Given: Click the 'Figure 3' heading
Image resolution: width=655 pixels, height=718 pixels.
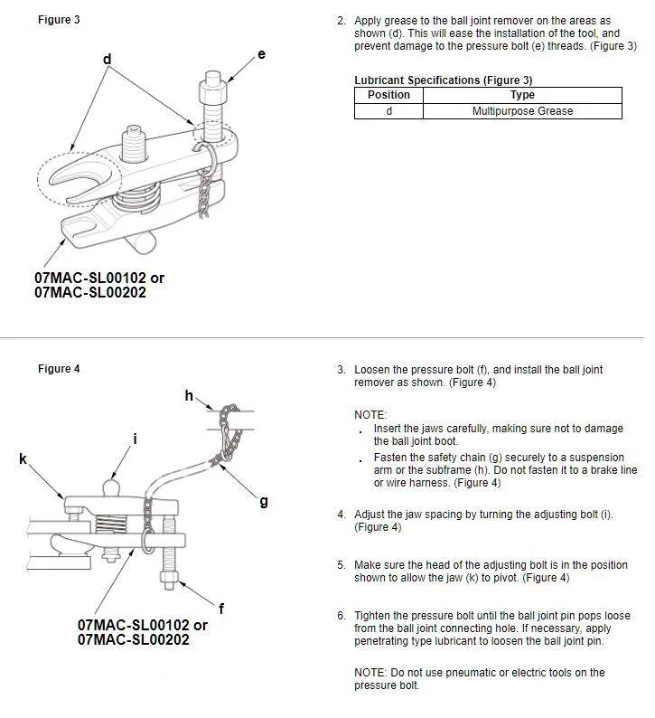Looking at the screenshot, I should pyautogui.click(x=59, y=20).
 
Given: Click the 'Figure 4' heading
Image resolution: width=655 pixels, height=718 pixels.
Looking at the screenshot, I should pyautogui.click(x=59, y=368).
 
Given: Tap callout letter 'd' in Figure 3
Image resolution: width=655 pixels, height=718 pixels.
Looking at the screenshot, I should pyautogui.click(x=107, y=60).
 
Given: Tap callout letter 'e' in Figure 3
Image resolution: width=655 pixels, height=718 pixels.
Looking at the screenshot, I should pyautogui.click(x=261, y=54).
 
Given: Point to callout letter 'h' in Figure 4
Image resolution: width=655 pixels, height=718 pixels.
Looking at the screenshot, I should pyautogui.click(x=189, y=395).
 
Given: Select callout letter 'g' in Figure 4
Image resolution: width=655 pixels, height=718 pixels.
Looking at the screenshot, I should pyautogui.click(x=263, y=501).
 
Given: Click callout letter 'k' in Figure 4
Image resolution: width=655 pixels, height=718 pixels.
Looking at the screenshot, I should pyautogui.click(x=23, y=459).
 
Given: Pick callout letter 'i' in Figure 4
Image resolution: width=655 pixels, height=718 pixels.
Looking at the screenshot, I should pyautogui.click(x=135, y=439).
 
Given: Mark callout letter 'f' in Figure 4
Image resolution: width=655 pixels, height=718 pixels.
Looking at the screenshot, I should pyautogui.click(x=221, y=609).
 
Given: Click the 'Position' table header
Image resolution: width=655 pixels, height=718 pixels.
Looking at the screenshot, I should pyautogui.click(x=388, y=95).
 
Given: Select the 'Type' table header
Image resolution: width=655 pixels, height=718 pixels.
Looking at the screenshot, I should pyautogui.click(x=522, y=95).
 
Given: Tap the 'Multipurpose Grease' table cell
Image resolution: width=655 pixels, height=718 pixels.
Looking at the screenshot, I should pyautogui.click(x=522, y=111).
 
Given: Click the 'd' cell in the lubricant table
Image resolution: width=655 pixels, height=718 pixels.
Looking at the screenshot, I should pyautogui.click(x=388, y=111).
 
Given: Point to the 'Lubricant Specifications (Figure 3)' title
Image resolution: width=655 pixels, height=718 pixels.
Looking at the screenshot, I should pyautogui.click(x=443, y=80).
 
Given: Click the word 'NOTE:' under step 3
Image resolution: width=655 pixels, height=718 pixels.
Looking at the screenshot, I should pyautogui.click(x=370, y=414).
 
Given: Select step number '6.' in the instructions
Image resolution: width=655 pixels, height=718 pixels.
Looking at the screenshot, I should pyautogui.click(x=342, y=616).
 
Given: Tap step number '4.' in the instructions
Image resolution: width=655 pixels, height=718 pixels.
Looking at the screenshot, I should pyautogui.click(x=342, y=515).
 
